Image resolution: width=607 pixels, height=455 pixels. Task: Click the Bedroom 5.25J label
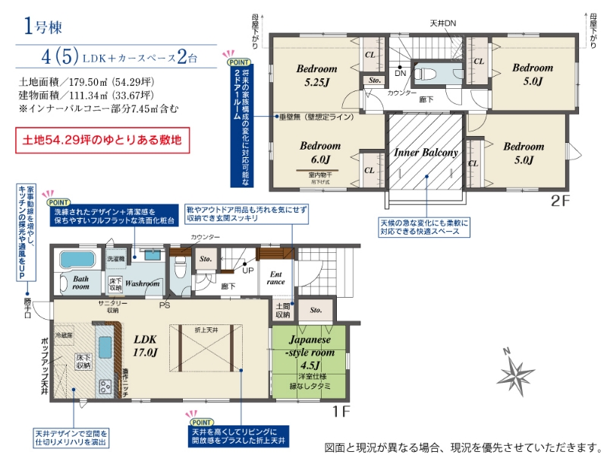(x=318, y=74)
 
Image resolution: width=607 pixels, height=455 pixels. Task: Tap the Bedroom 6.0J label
(x=319, y=152)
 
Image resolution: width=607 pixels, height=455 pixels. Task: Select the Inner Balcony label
(x=426, y=153)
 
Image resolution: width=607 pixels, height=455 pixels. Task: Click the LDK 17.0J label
(x=145, y=346)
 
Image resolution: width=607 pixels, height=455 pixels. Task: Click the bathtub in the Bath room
(x=74, y=261)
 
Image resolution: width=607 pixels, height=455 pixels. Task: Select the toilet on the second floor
(x=426, y=74)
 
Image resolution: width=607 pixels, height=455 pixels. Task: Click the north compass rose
(x=516, y=373)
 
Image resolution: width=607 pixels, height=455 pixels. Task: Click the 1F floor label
(x=341, y=412)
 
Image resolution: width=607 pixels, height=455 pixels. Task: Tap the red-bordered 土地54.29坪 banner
(x=100, y=141)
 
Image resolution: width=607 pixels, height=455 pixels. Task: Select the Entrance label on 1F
(x=275, y=277)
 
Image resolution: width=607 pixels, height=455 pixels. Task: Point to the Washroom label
(x=142, y=283)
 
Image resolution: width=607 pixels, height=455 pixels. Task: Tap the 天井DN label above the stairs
(x=442, y=24)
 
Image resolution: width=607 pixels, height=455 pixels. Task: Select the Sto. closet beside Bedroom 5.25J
(x=374, y=80)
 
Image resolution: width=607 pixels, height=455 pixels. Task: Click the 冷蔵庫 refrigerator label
(x=65, y=334)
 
